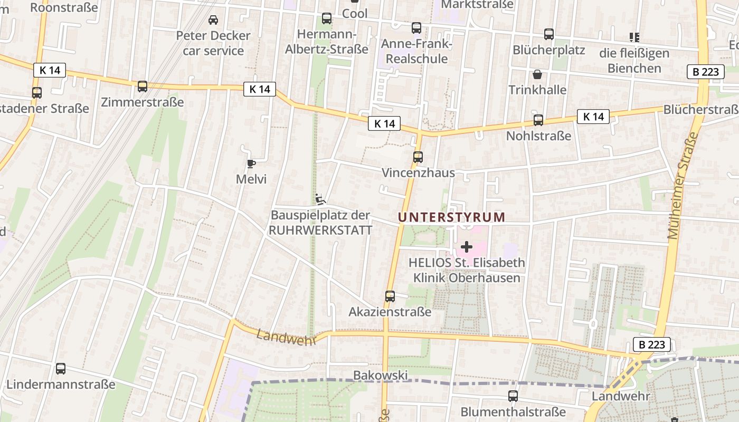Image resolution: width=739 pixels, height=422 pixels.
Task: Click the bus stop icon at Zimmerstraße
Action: (x=143, y=87)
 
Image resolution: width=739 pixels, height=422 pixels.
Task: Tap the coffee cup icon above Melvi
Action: (x=251, y=164)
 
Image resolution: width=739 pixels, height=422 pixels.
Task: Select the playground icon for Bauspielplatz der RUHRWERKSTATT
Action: (x=320, y=199)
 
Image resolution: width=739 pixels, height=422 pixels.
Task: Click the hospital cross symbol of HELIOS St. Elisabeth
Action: (x=467, y=246)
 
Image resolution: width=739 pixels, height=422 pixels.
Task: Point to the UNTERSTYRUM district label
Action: (x=451, y=217)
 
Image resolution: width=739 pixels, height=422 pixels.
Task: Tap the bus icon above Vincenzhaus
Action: (x=418, y=157)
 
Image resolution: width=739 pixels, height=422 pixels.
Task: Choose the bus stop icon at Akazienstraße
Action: (x=390, y=296)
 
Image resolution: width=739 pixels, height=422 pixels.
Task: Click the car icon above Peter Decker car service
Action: (x=213, y=20)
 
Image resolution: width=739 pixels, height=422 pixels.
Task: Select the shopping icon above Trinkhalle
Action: (x=537, y=74)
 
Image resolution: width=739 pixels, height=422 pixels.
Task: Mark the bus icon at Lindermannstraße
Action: (x=61, y=369)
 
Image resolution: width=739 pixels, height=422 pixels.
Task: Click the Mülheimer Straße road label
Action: (x=683, y=186)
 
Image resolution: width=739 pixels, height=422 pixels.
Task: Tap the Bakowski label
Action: (x=380, y=375)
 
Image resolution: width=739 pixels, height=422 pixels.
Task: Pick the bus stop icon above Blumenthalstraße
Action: (x=513, y=396)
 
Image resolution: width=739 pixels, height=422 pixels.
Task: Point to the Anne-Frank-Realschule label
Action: (x=416, y=51)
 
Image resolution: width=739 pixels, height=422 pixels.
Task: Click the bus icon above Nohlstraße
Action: (x=538, y=120)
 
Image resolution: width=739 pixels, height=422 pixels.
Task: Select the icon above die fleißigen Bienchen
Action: (x=634, y=37)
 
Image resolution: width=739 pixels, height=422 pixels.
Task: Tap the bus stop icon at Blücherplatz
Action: (x=549, y=35)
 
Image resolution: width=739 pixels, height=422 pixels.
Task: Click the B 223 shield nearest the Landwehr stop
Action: (x=651, y=345)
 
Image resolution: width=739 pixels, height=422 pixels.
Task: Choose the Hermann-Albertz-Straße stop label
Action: (x=327, y=42)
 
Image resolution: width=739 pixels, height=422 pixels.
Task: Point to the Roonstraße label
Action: (x=64, y=7)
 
